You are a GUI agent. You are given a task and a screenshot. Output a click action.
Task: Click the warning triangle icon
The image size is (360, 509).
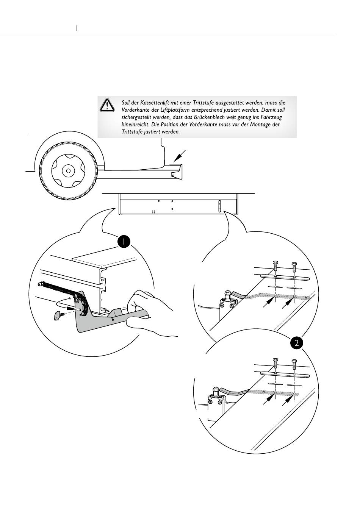click(107, 105)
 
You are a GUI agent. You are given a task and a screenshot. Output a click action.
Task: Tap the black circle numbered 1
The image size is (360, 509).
click(124, 242)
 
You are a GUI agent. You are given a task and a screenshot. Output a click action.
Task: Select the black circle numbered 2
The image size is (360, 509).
click(297, 343)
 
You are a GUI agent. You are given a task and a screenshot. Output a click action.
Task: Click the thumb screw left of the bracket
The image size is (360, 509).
click(58, 314)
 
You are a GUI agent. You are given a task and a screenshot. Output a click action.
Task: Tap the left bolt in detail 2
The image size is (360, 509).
click(275, 363)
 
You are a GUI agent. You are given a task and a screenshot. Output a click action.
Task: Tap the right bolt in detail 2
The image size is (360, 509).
click(294, 363)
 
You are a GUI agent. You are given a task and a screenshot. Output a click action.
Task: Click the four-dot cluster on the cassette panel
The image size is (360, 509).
click(153, 212)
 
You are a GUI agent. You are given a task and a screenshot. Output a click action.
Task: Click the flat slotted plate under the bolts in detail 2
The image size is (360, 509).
click(285, 375)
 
